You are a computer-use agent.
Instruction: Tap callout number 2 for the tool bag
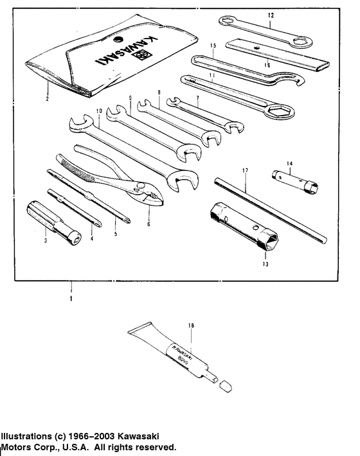[x=47, y=99]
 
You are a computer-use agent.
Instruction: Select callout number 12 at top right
[x=271, y=14]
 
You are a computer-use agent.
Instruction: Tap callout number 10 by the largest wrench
[x=99, y=111]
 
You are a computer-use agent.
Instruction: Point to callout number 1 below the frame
[x=71, y=299]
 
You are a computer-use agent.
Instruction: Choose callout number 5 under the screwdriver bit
[x=116, y=235]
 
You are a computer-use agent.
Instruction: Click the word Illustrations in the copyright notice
[x=27, y=435]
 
